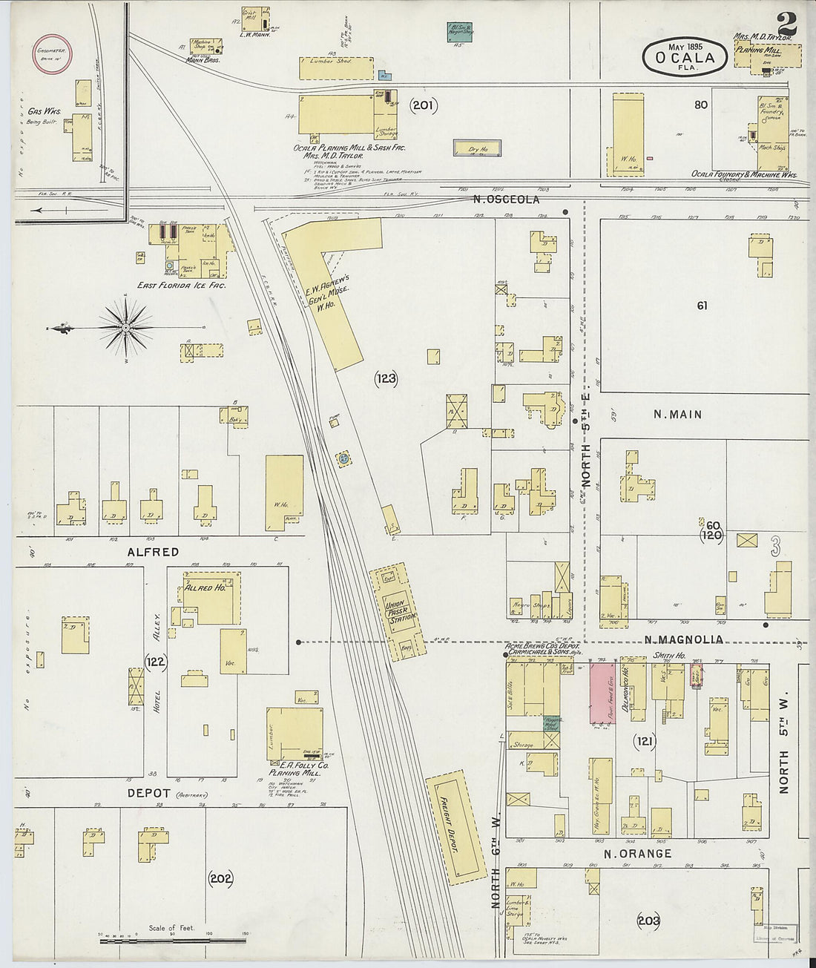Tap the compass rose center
[127, 326]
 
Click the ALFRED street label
[153, 552]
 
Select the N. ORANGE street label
[637, 854]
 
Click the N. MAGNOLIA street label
[682, 640]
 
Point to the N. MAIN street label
[677, 415]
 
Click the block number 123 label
[386, 379]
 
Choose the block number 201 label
[424, 105]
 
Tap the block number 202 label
[220, 879]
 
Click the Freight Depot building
[453, 823]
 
